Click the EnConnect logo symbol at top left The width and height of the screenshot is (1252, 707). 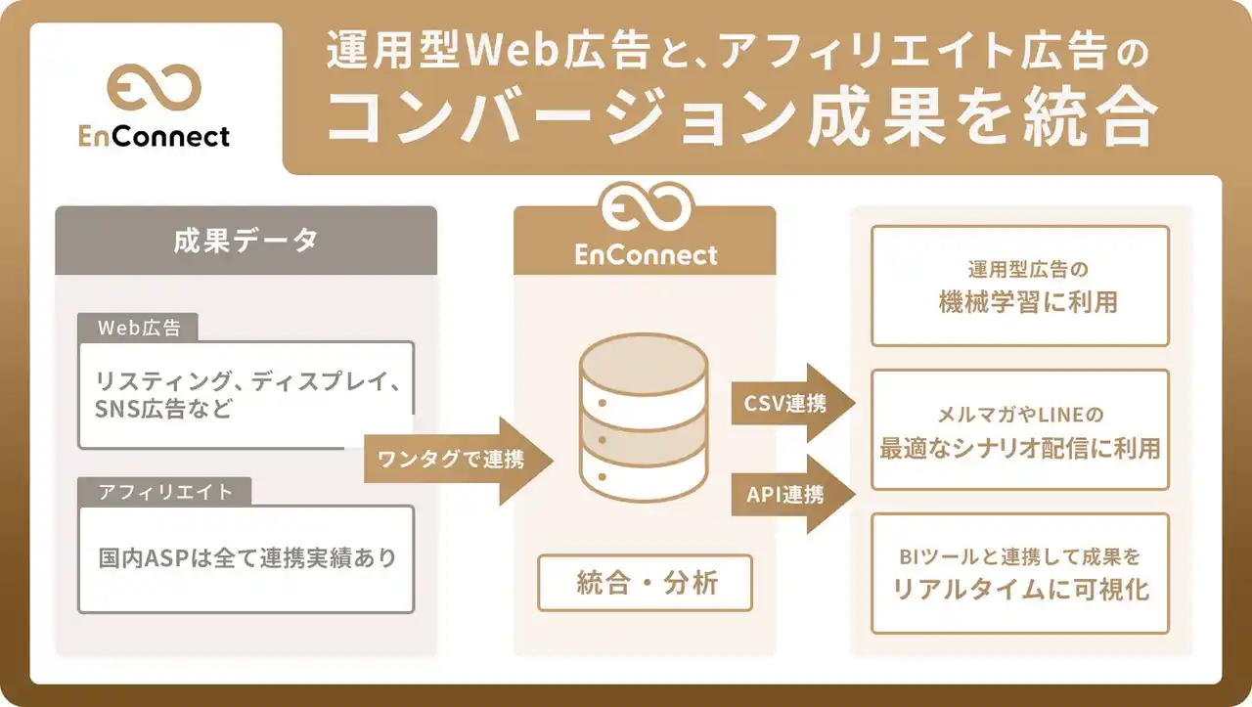154,89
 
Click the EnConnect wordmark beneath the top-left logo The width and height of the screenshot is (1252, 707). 155,136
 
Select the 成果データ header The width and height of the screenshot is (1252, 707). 246,241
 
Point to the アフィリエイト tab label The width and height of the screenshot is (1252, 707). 165,492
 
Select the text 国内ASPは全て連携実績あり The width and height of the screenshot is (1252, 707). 247,558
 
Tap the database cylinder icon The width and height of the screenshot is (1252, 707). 643,418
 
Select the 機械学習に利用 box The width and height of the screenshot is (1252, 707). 1019,286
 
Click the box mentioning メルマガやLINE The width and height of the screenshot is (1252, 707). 1019,429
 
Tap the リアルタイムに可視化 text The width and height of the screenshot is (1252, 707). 1019,590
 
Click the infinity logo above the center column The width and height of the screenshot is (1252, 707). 646,208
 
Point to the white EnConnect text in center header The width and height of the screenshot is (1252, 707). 646,256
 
